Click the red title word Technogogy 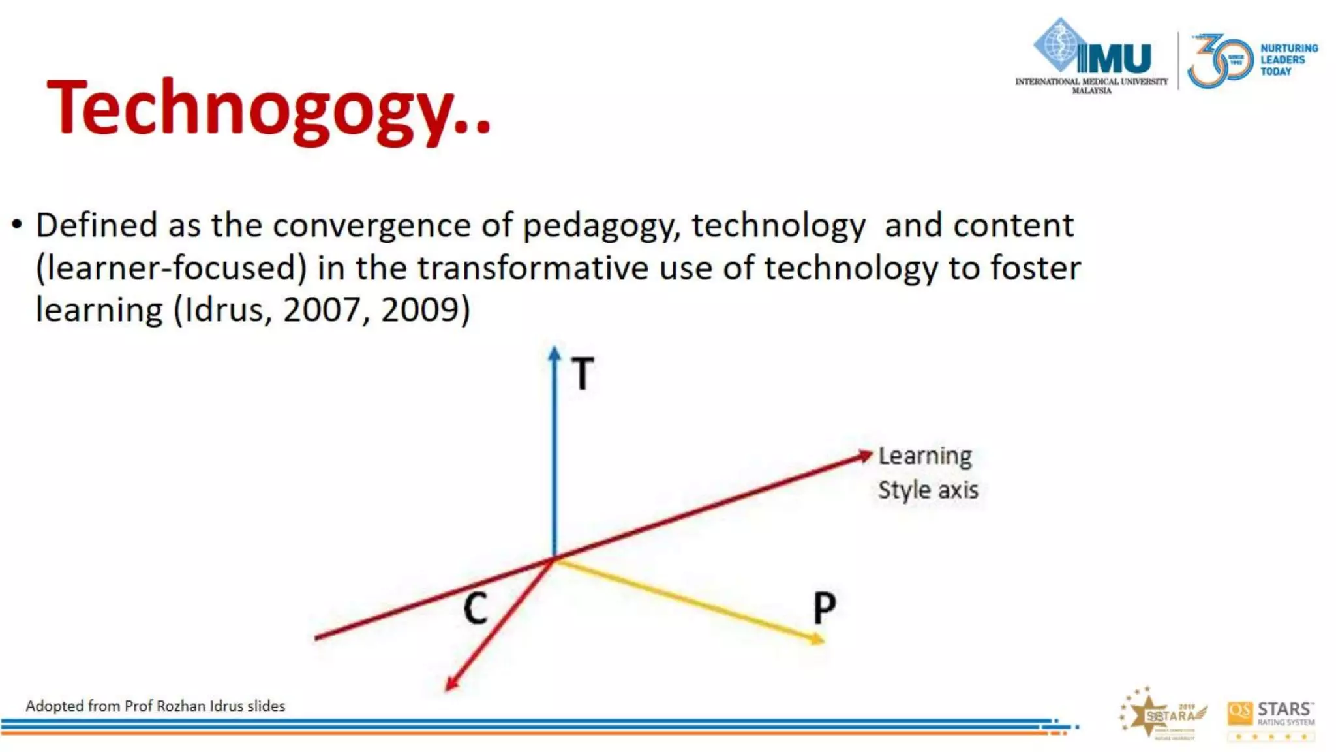(x=267, y=108)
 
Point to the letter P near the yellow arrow (x=825, y=608)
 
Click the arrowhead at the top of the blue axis (x=554, y=353)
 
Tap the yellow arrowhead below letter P (x=818, y=638)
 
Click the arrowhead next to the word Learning (x=865, y=455)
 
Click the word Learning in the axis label (x=925, y=456)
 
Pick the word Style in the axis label (x=904, y=490)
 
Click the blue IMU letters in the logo (x=1114, y=59)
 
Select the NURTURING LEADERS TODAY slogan (x=1288, y=60)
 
